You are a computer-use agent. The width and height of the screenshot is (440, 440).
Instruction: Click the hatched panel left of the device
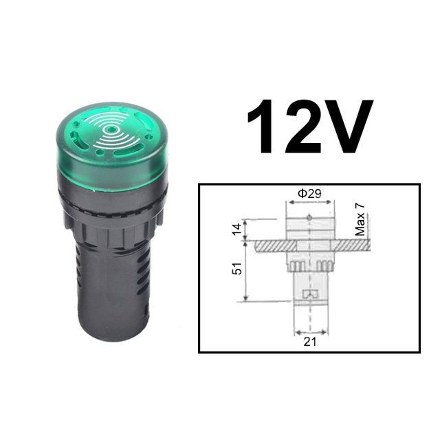pyautogui.click(x=267, y=245)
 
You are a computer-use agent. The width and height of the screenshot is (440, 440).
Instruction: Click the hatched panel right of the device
pyautogui.click(x=351, y=245)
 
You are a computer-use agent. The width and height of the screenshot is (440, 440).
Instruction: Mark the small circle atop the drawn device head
pyautogui.click(x=309, y=218)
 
